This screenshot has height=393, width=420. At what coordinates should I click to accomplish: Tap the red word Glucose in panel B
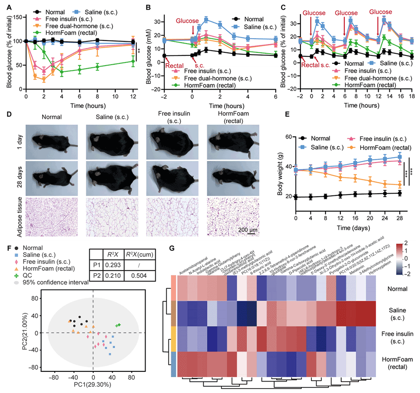pyautogui.click(x=188, y=21)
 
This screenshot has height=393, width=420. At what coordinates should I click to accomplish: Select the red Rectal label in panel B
pyautogui.click(x=176, y=66)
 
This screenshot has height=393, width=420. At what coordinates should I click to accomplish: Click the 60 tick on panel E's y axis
pyautogui.click(x=288, y=137)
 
